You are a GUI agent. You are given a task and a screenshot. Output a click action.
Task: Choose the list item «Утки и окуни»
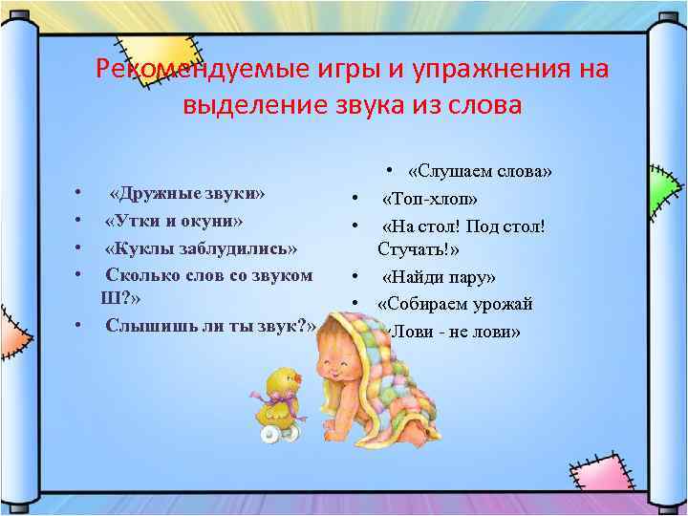point(174,221)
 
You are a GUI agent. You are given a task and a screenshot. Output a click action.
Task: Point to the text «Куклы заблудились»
point(201,248)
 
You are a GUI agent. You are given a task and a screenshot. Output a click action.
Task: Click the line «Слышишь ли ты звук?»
point(210,325)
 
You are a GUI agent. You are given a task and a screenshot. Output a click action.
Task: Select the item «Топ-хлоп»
point(430,199)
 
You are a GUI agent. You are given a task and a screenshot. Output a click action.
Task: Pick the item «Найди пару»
point(439,278)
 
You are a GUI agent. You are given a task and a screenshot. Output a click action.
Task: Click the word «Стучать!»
point(419,250)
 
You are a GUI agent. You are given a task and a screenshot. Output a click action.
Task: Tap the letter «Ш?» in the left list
point(113,297)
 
